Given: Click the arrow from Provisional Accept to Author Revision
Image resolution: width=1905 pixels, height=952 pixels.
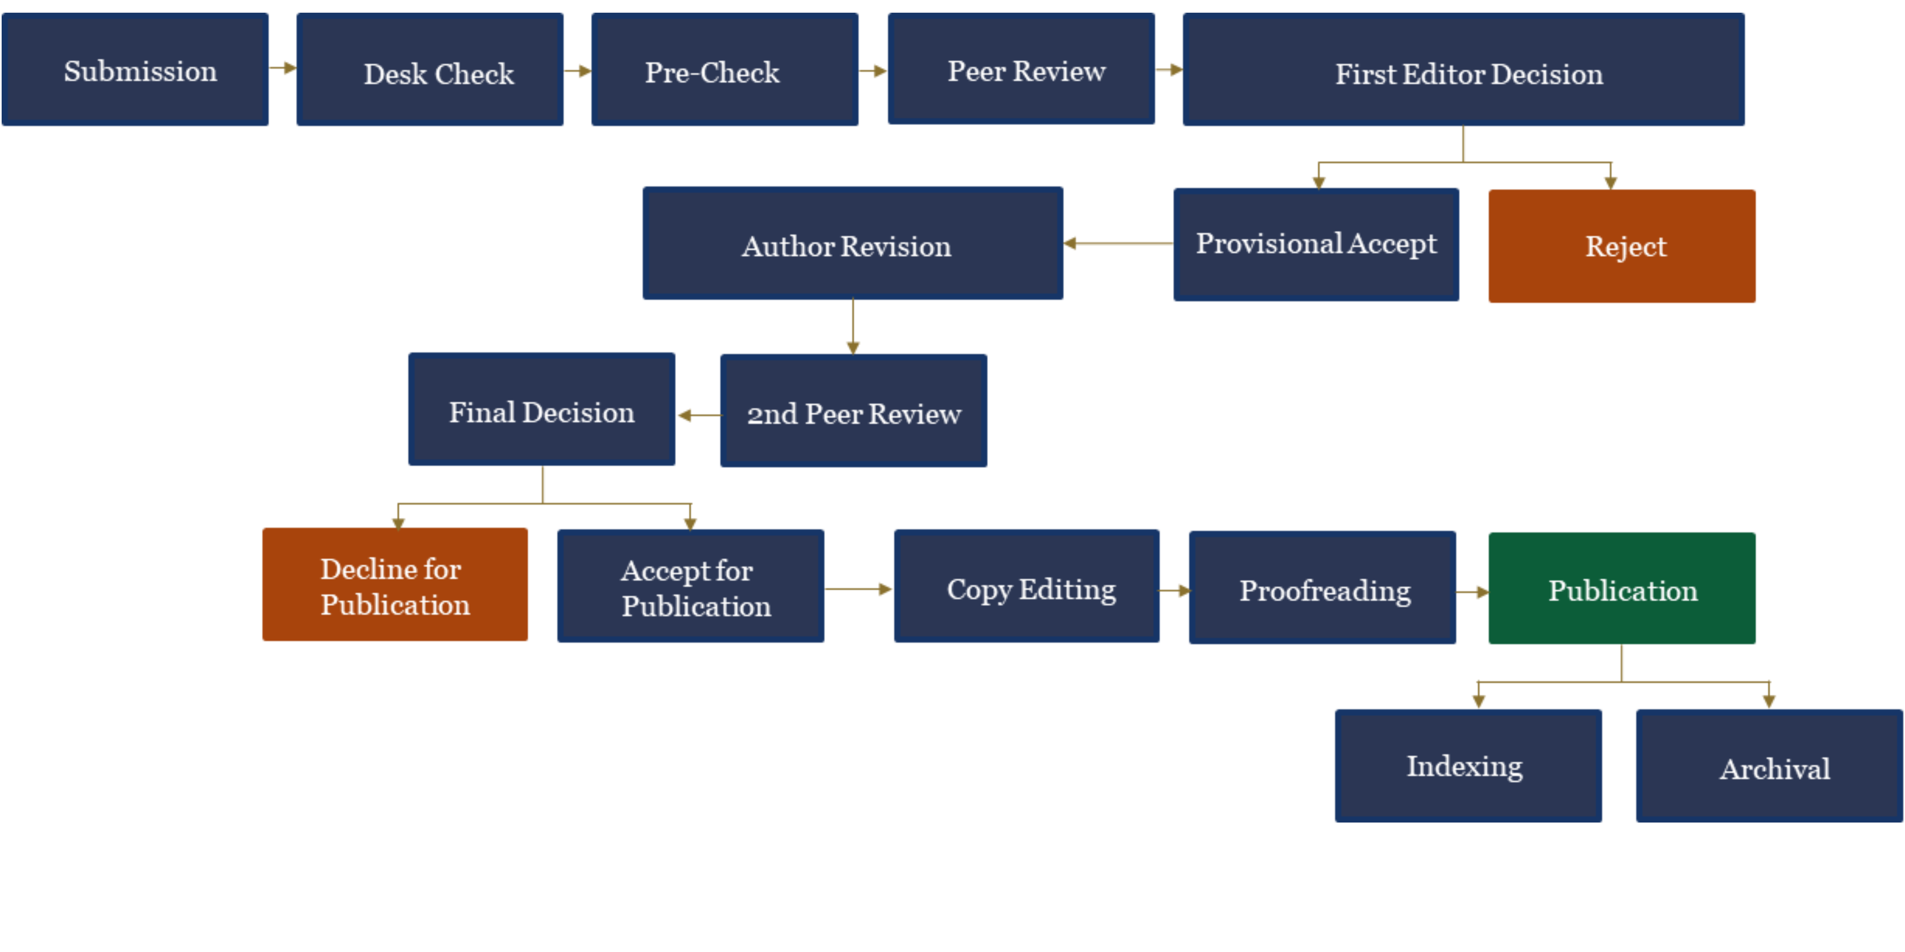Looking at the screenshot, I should click(1118, 243).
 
